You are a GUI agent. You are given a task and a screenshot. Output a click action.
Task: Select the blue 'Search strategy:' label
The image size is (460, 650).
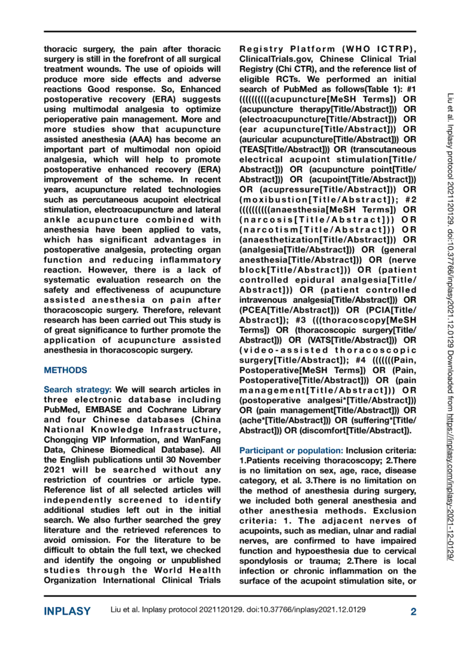78,390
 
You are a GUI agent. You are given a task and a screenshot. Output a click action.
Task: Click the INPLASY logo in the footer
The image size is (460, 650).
67,611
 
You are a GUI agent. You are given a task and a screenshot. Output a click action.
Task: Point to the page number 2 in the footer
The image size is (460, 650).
413,611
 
